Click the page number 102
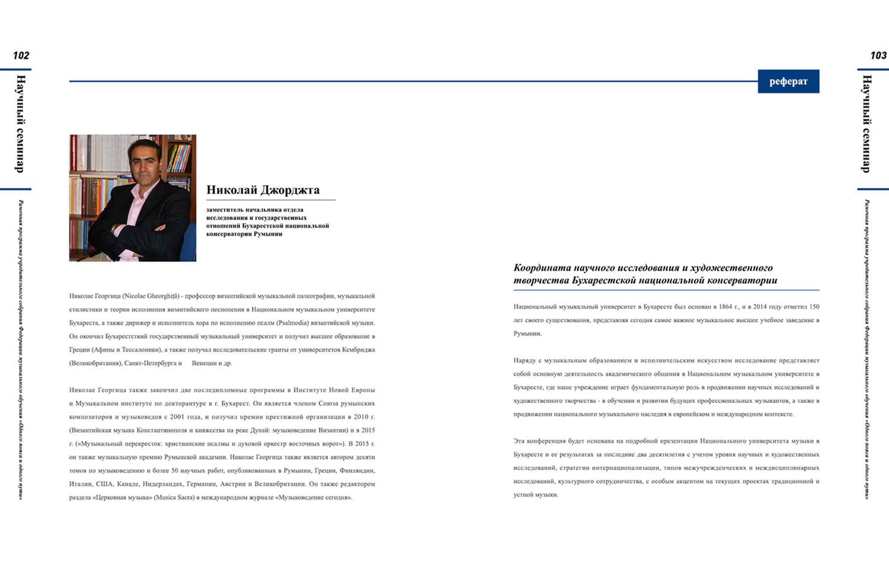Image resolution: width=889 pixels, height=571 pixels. pyautogui.click(x=21, y=56)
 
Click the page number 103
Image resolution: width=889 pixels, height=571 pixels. pyautogui.click(x=878, y=56)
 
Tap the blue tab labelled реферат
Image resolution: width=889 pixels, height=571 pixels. pyautogui.click(x=788, y=82)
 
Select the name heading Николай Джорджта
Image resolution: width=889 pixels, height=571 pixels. pyautogui.click(x=263, y=190)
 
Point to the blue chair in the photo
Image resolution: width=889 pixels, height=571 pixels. pyautogui.click(x=188, y=243)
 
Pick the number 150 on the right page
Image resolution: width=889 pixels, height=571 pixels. pyautogui.click(x=814, y=307)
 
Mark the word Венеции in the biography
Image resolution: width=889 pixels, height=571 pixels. pyautogui.click(x=204, y=363)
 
